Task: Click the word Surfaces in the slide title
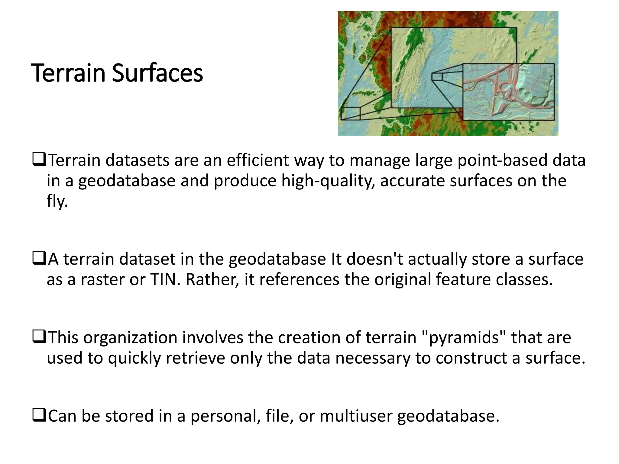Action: point(157,73)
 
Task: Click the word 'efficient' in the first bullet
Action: point(258,160)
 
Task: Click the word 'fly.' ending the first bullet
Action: point(57,201)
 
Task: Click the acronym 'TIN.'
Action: point(165,279)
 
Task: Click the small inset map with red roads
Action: point(508,92)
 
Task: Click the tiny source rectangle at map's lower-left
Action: point(351,114)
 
